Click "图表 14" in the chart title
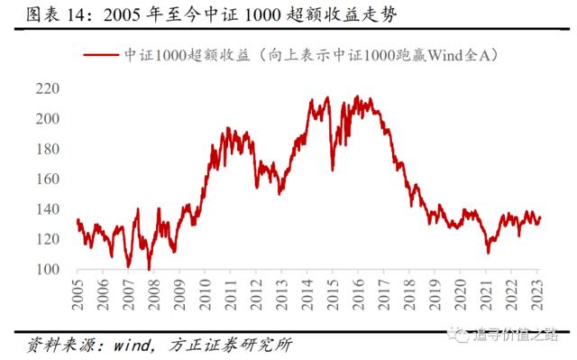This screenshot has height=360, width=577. [x=45, y=16]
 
